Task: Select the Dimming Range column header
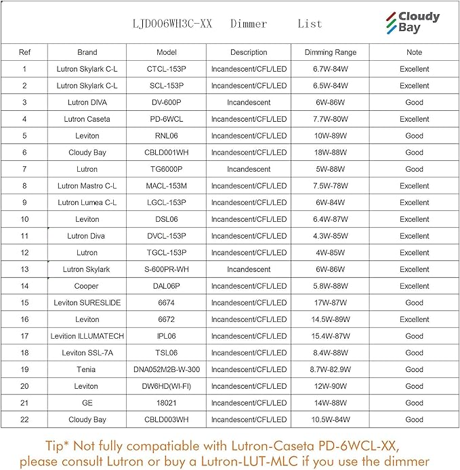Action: point(331,52)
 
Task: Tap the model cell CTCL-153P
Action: point(166,69)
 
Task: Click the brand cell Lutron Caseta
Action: point(87,119)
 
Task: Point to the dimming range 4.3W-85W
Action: point(331,236)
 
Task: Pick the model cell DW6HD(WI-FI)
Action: point(166,386)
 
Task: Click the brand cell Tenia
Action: point(87,369)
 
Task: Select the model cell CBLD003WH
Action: point(166,419)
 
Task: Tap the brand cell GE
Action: point(87,403)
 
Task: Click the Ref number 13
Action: point(24,269)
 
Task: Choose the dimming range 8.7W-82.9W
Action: point(331,369)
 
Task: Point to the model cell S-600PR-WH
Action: point(166,269)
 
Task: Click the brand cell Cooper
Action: point(87,286)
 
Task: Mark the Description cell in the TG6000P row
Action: point(249,169)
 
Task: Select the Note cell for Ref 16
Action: point(414,319)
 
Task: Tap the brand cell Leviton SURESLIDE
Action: point(87,303)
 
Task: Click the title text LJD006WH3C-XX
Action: point(173,24)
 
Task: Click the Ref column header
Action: point(24,52)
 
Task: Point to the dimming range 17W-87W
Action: point(331,303)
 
